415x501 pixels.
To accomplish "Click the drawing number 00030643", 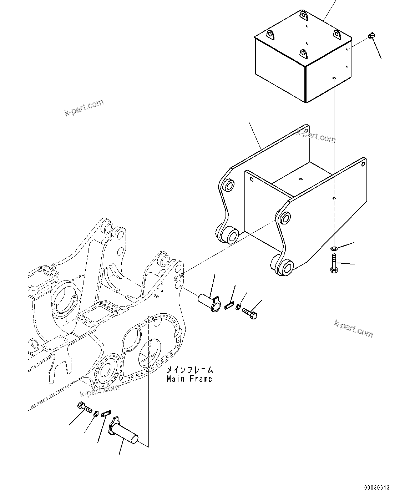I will [x=377, y=487].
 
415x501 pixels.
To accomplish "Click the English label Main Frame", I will [x=189, y=379].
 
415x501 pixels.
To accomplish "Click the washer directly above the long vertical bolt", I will [x=334, y=248].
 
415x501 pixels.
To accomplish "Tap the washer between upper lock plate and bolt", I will [x=238, y=307].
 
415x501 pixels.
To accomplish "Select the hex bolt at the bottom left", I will [x=84, y=408].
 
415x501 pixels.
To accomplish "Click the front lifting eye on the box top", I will [x=303, y=54].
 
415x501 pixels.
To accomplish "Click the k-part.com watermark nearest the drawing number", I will [x=353, y=328].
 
